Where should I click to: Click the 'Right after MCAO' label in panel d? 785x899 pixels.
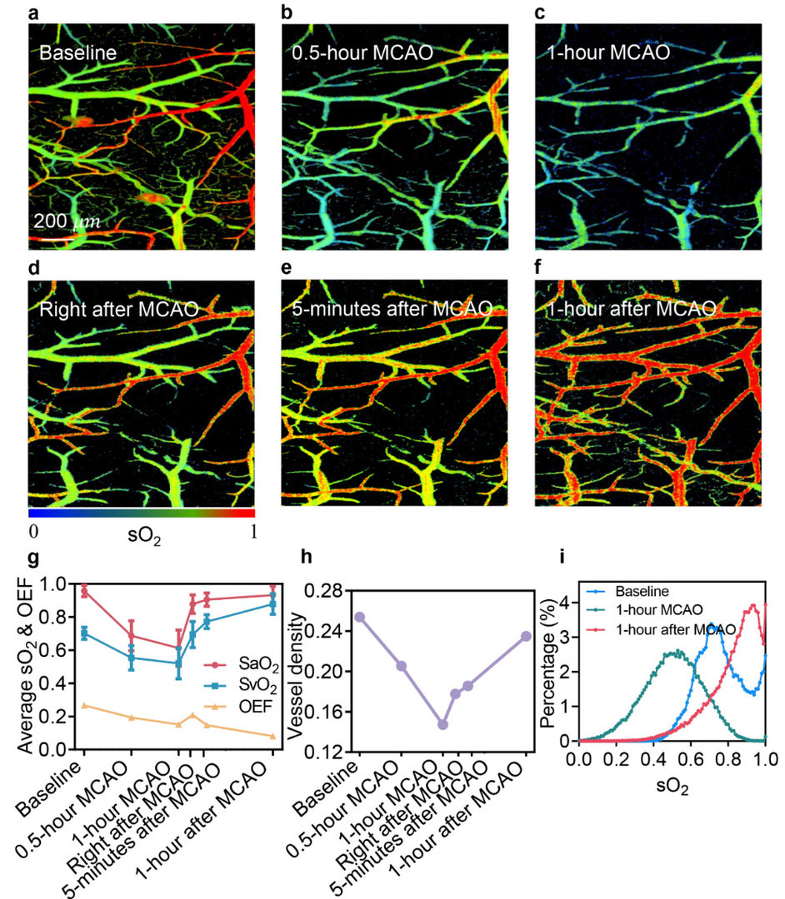pyautogui.click(x=118, y=310)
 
